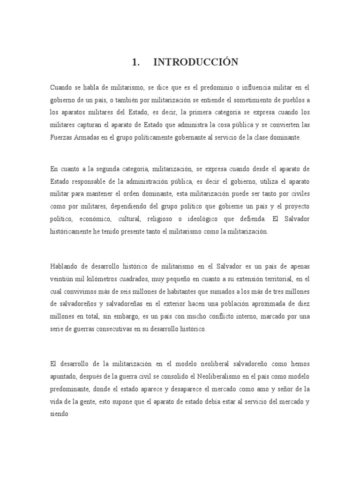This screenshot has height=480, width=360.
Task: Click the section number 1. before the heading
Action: [136, 63]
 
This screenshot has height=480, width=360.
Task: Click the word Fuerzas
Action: [61, 137]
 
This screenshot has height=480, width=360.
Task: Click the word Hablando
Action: [65, 266]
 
